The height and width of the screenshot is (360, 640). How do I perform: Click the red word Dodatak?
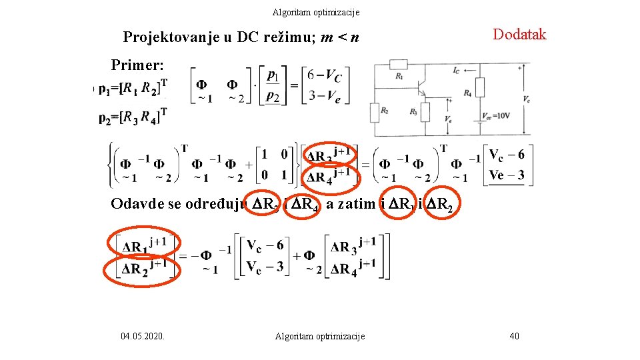point(519,35)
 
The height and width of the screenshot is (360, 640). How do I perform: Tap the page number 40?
point(514,336)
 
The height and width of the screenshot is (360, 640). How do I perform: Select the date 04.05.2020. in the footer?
point(144,336)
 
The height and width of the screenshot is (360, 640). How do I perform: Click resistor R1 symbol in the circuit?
point(398,64)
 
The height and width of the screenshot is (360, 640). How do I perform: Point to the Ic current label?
point(456,69)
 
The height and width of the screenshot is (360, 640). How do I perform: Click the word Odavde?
point(138,203)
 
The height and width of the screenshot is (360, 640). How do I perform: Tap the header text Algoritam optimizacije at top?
point(316,12)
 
